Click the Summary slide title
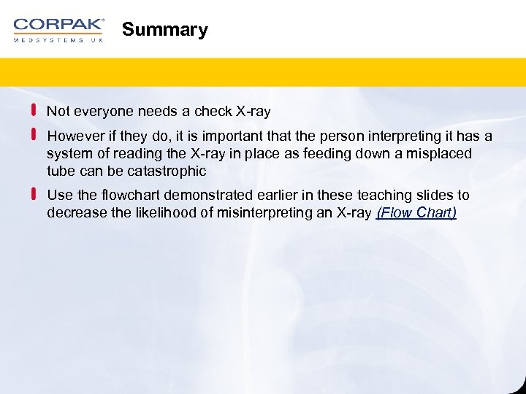164,30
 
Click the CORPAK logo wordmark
58,24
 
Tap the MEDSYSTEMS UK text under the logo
58,40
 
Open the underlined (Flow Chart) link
416,213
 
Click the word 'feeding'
367,154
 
